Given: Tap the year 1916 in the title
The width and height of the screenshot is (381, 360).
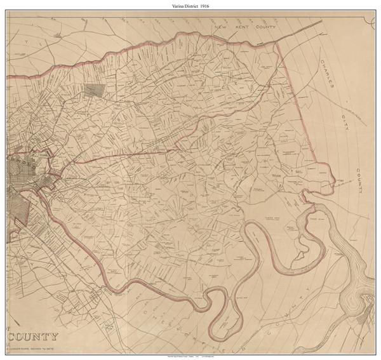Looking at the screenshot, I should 210,6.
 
